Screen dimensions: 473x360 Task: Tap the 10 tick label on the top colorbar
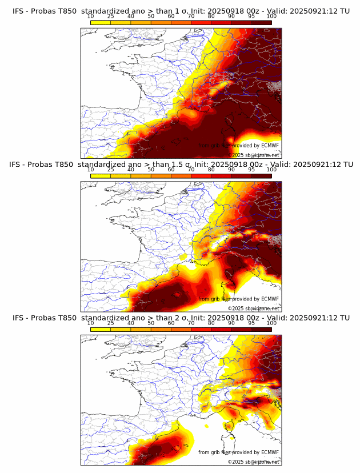(x=91, y=16)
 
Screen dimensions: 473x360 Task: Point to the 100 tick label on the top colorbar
(x=271, y=16)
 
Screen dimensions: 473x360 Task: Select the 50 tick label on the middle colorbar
(x=151, y=170)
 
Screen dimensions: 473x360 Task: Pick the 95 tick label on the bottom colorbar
(x=251, y=323)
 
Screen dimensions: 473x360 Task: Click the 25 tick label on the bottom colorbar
(x=111, y=323)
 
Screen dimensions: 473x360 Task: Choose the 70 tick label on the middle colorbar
(x=191, y=170)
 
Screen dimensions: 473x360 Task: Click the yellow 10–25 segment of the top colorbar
(x=101, y=22)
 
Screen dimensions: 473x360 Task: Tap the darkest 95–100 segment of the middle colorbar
(x=261, y=175)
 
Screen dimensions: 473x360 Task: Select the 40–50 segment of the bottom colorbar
(x=141, y=329)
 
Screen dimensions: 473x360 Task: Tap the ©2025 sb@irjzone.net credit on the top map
(x=254, y=155)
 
